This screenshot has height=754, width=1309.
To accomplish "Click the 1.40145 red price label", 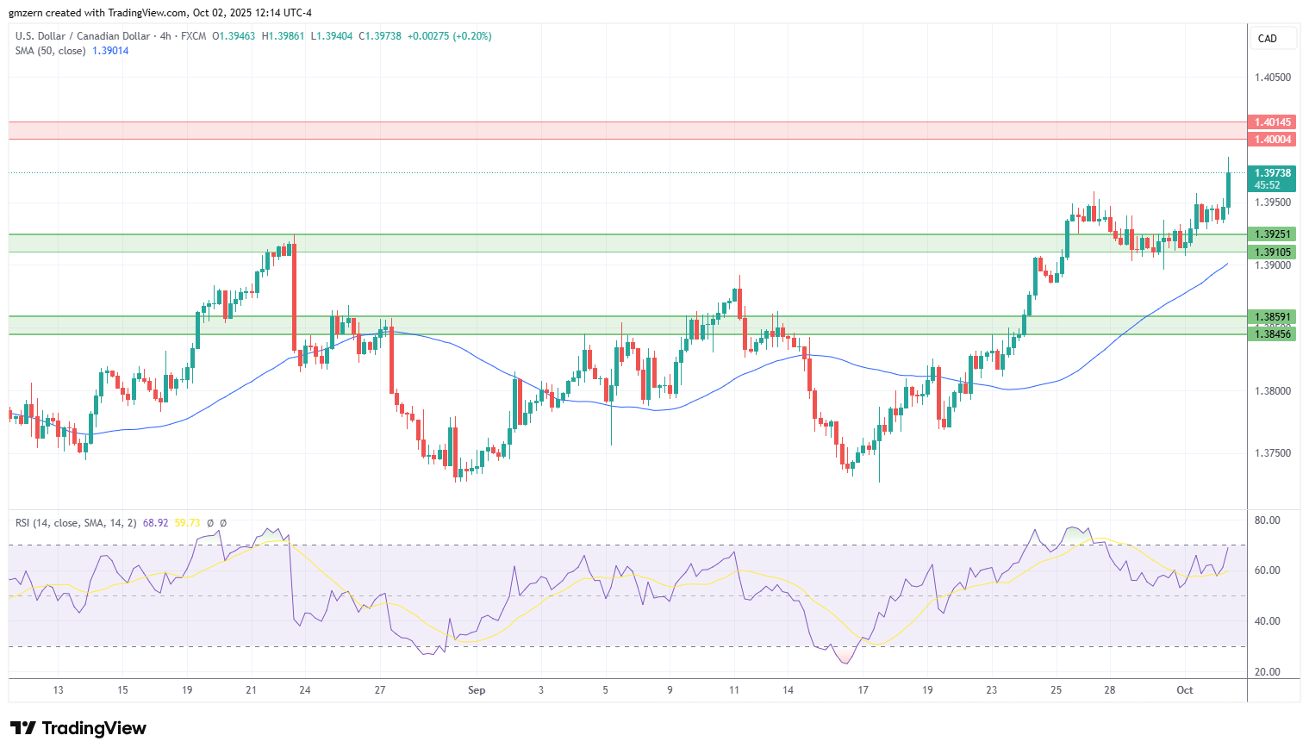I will pyautogui.click(x=1272, y=122).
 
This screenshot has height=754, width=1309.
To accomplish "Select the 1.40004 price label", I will pyautogui.click(x=1272, y=140).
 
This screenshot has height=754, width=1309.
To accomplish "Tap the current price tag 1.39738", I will pyautogui.click(x=1272, y=173).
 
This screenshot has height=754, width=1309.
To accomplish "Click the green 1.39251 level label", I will pyautogui.click(x=1272, y=234).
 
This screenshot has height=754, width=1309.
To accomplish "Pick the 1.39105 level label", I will pyautogui.click(x=1272, y=252).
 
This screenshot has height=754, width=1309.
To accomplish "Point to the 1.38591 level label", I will pyautogui.click(x=1272, y=317).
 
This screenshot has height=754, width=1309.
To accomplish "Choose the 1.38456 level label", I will pyautogui.click(x=1272, y=333).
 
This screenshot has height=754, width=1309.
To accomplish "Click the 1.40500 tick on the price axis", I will pyautogui.click(x=1272, y=78).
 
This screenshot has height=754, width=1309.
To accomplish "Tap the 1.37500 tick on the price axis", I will pyautogui.click(x=1272, y=453).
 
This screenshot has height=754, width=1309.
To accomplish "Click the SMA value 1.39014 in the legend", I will pyautogui.click(x=110, y=51).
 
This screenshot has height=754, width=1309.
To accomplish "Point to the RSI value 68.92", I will pyautogui.click(x=155, y=523).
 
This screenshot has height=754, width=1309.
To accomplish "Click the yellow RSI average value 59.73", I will pyautogui.click(x=187, y=523).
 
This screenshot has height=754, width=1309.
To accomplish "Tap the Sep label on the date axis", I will pyautogui.click(x=477, y=690).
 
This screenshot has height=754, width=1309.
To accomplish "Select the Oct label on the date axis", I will pyautogui.click(x=1185, y=690).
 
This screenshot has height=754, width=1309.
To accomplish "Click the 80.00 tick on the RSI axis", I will pyautogui.click(x=1267, y=520).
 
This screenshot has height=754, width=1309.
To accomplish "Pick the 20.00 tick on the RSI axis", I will pyautogui.click(x=1267, y=672).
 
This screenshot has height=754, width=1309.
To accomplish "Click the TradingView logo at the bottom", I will pyautogui.click(x=78, y=728).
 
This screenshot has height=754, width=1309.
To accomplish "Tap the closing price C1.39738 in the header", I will pyautogui.click(x=380, y=36).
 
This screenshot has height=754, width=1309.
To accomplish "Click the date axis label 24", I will pyautogui.click(x=305, y=690).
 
